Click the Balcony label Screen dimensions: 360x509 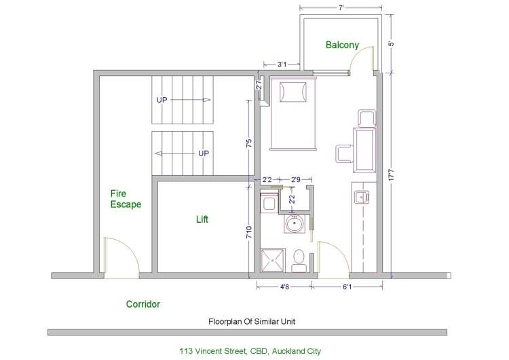(342, 45)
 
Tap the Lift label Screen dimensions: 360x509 (202, 219)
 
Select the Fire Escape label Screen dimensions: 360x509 (126, 198)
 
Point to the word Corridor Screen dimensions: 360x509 (143, 304)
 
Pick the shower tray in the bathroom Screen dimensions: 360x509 (274, 259)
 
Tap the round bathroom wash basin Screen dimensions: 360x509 (295, 223)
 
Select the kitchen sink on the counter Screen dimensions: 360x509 (360, 198)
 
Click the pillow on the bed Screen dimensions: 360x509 (293, 91)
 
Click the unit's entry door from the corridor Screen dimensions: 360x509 (333, 259)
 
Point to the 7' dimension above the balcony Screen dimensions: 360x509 (341, 7)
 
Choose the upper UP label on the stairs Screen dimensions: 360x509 (162, 99)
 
